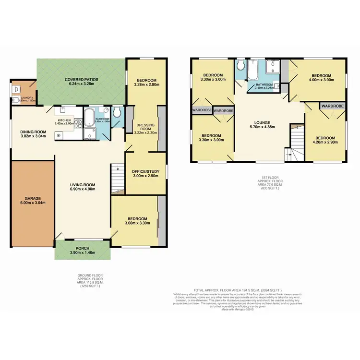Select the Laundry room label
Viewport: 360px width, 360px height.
click(x=20, y=97)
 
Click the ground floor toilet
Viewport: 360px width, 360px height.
click(x=116, y=113)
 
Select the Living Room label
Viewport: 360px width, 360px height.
click(x=83, y=185)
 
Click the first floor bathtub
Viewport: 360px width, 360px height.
click(x=253, y=71)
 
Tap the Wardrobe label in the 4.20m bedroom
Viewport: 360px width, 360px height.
click(x=331, y=105)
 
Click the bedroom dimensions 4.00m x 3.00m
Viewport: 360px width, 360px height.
click(x=321, y=81)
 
